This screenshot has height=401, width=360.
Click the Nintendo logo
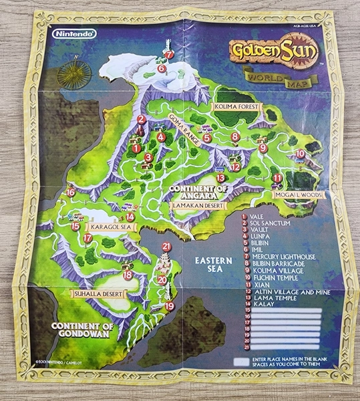(x=74, y=33)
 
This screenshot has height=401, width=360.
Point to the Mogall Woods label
(x=299, y=195)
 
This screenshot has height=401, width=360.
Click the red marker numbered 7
(x=169, y=55)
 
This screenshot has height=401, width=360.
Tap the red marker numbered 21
(x=166, y=247)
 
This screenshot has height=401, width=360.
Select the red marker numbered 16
(x=71, y=192)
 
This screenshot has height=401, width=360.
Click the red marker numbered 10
(x=300, y=153)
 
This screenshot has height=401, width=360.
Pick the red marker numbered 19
(x=170, y=306)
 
